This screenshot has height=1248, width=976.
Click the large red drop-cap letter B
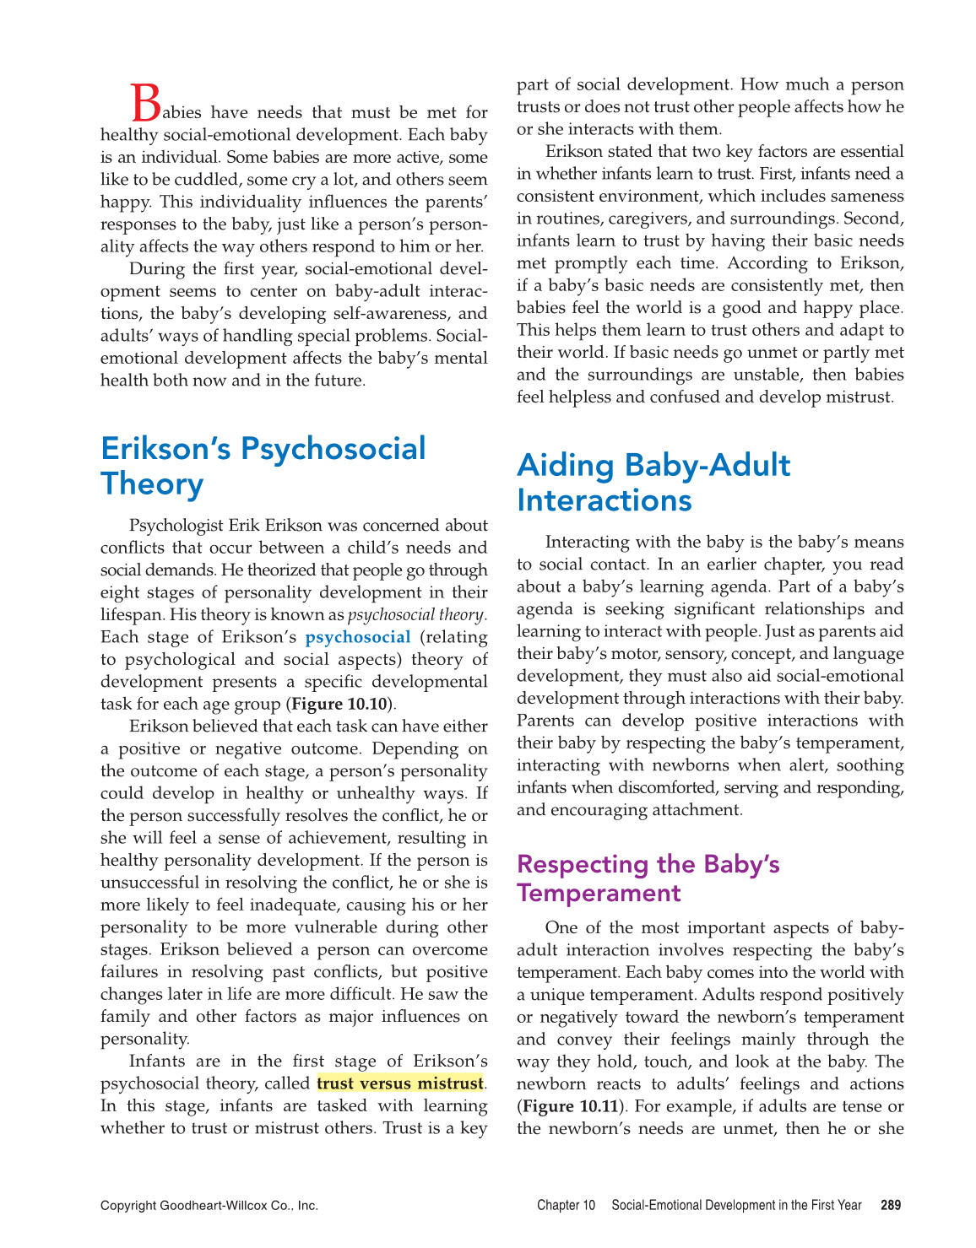click(x=146, y=103)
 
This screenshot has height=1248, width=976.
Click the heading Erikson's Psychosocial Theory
click(x=263, y=466)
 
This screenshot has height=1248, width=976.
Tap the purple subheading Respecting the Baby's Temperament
click(x=648, y=878)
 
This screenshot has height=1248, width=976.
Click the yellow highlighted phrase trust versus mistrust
click(x=400, y=1083)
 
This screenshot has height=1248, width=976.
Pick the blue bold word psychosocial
click(x=358, y=637)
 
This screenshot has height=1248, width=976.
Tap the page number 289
click(x=890, y=1205)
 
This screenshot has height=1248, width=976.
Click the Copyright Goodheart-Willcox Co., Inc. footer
click(x=209, y=1205)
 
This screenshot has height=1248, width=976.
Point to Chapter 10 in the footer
click(x=566, y=1205)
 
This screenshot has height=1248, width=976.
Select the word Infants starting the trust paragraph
click(x=157, y=1062)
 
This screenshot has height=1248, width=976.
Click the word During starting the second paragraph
click(x=155, y=269)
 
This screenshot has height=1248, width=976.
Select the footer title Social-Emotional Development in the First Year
click(x=736, y=1205)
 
